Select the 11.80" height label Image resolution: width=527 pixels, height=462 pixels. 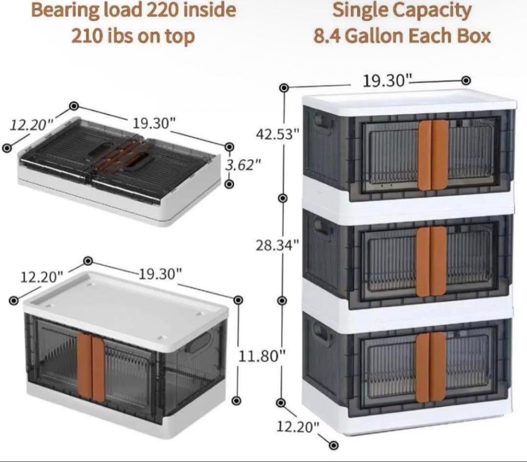261,356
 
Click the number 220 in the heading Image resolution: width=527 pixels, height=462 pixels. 165,10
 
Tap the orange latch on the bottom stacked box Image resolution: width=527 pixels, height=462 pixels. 431,367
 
